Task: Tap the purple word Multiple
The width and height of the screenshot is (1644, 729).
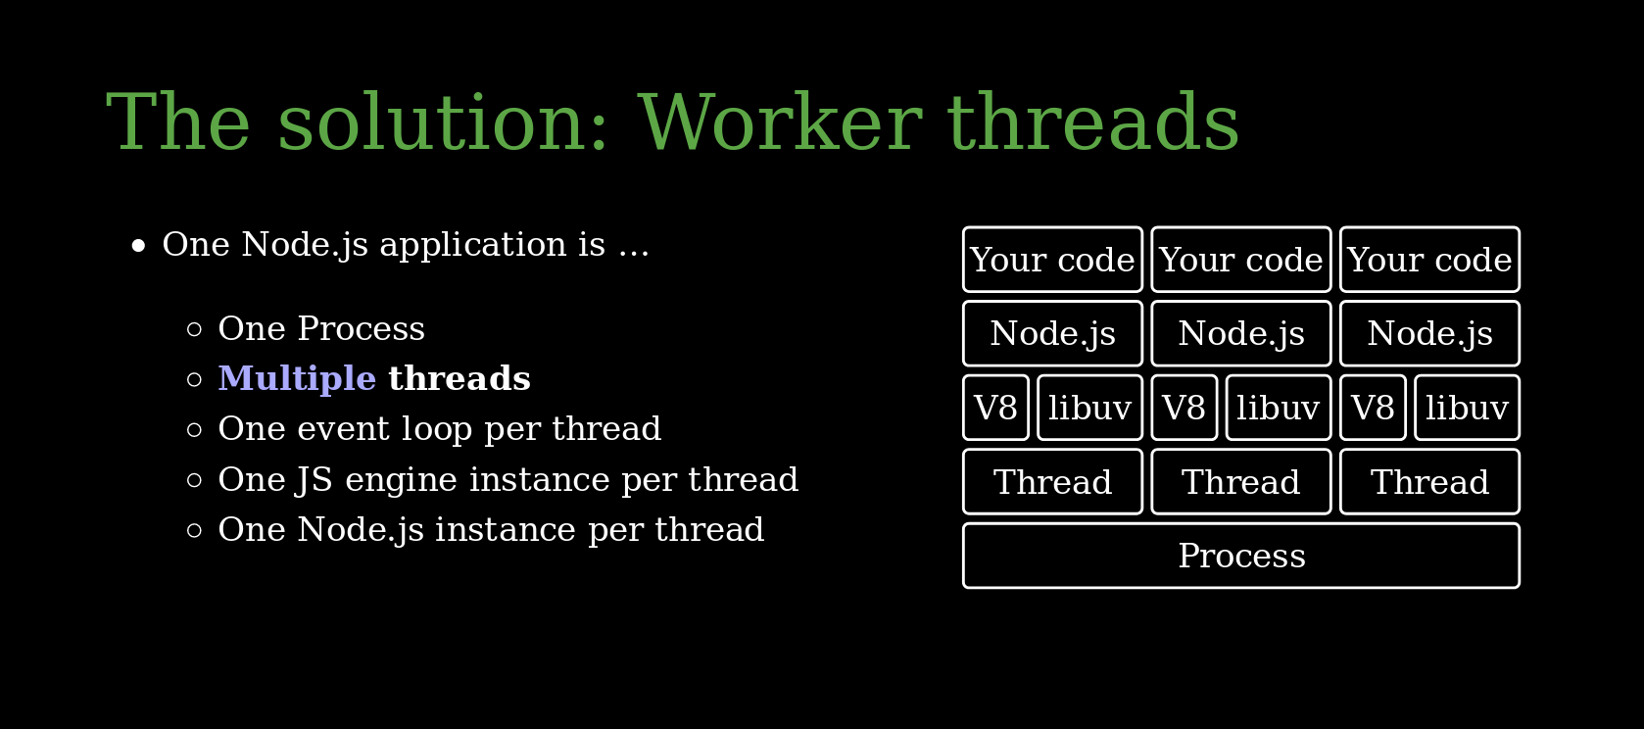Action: (297, 379)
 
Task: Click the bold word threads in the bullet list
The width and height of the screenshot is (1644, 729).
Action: (459, 379)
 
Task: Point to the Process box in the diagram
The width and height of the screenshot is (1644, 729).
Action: (1241, 556)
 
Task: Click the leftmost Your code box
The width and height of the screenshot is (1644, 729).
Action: (1052, 259)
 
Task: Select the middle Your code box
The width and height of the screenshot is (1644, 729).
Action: (1241, 259)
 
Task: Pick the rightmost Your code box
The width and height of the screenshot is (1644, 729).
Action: (1429, 259)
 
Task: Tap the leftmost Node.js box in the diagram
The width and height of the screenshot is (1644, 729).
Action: (1052, 333)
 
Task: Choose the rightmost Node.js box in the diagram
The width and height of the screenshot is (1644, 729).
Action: (1429, 333)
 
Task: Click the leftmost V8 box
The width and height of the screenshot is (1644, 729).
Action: (996, 408)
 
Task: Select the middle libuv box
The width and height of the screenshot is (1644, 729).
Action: (1279, 408)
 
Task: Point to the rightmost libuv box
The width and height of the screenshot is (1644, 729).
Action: (1467, 408)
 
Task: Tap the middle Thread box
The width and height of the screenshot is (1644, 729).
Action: (1241, 482)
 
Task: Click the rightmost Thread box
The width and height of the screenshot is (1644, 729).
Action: (1429, 482)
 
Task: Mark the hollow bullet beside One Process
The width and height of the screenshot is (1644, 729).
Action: (195, 329)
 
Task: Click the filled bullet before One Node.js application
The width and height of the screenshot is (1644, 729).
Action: (138, 245)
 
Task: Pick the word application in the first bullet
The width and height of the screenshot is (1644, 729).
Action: (472, 245)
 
